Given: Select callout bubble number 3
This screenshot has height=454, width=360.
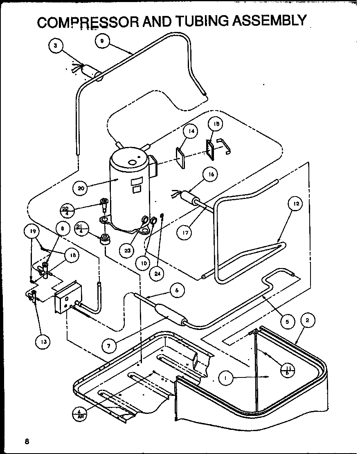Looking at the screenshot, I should click(56, 45).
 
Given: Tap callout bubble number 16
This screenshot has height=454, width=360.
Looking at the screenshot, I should click(210, 174).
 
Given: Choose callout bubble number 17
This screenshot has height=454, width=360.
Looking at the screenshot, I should click(184, 233).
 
